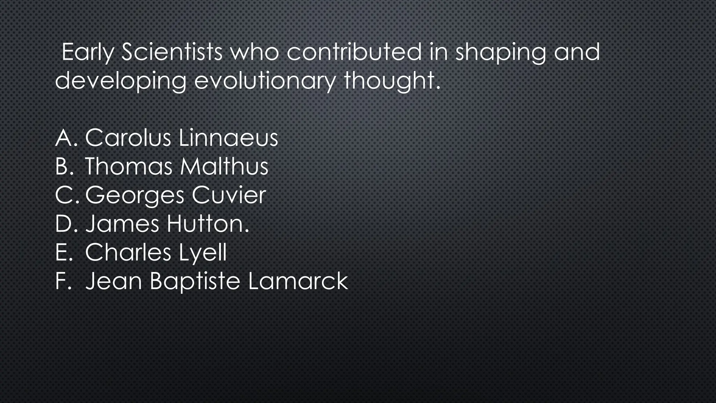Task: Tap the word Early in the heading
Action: [88, 52]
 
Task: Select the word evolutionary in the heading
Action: [265, 81]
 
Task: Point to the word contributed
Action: [354, 52]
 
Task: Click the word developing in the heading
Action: [121, 82]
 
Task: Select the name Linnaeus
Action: [228, 137]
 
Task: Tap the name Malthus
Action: [224, 166]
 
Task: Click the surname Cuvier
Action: [229, 195]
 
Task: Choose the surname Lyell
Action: [203, 253]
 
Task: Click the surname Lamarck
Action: [298, 281]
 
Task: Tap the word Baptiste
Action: [195, 282]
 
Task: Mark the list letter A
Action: [63, 137]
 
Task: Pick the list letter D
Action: [64, 224]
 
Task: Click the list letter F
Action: [62, 281]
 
